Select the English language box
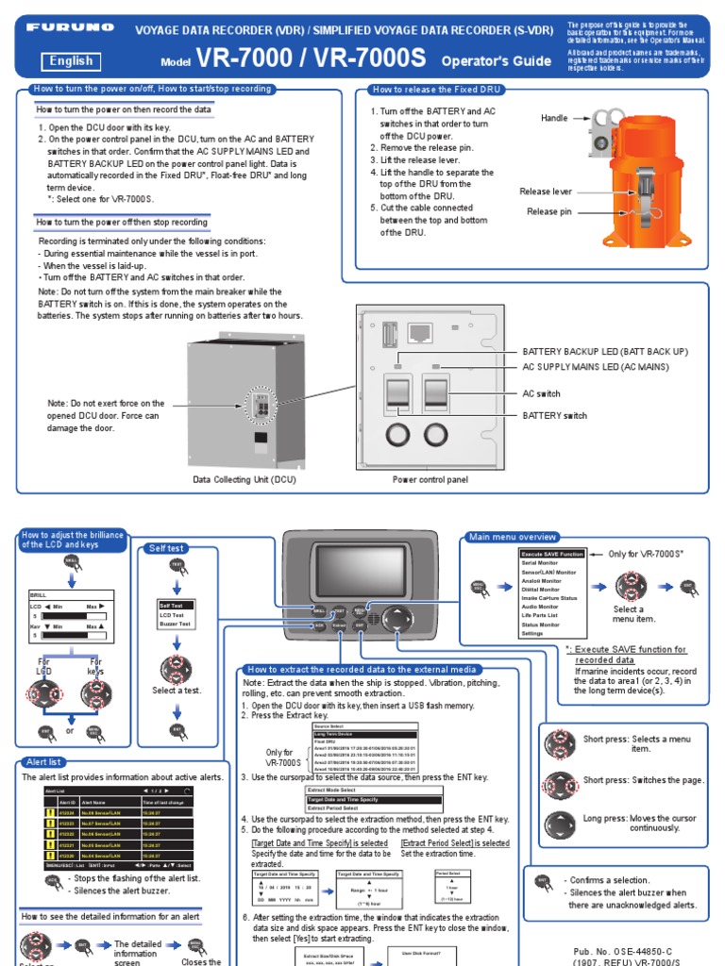coord(71,61)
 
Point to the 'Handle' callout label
coord(554,118)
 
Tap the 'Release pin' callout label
coord(548,212)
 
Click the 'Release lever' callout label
coord(546,192)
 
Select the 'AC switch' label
coord(542,393)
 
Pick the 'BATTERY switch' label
coord(554,415)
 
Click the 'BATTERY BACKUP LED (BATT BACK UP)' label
coord(605,352)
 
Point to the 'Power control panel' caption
coord(430,479)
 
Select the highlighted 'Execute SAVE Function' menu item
coord(552,554)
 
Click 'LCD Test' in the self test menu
coord(172,614)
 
